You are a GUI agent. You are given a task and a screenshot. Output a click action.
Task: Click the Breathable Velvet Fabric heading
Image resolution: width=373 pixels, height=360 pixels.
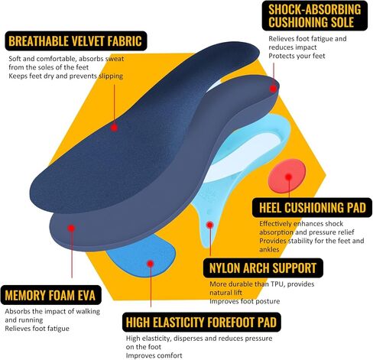pos(76,41)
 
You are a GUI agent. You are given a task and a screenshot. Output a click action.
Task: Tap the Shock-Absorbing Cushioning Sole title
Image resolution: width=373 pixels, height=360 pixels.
pos(315,16)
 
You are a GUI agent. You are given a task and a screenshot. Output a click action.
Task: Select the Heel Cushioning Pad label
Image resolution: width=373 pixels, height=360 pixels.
pos(313,208)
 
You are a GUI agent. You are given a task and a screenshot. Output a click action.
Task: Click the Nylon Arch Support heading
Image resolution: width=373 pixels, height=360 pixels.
pos(263,268)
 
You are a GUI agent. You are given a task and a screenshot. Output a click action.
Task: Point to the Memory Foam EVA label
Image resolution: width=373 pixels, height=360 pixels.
pos(50,295)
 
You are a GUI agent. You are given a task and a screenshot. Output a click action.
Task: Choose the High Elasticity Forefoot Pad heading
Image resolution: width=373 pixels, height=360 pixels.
pos(201,323)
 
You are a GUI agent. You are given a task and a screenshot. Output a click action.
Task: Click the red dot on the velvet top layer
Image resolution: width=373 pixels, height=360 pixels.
pos(114,128)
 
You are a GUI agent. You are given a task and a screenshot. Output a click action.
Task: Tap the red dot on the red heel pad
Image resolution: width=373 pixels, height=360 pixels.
pos(288,177)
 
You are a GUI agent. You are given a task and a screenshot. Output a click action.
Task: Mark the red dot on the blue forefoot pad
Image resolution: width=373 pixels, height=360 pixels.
pos(151,264)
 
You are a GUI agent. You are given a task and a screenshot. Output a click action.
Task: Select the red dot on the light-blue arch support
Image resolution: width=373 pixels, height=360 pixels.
pos(209,225)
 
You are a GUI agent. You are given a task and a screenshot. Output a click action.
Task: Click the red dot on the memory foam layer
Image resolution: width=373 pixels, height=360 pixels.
pos(72,228)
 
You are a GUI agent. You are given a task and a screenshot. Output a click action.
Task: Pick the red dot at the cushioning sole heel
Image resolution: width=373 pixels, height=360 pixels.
pos(273,89)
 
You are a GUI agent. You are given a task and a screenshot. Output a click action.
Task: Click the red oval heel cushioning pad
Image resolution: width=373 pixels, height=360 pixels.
pos(287,176)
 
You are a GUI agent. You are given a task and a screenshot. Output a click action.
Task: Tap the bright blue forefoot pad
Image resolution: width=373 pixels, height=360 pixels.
pos(143,258)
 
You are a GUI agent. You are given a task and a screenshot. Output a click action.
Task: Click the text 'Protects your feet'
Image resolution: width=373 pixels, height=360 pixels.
pos(297,56)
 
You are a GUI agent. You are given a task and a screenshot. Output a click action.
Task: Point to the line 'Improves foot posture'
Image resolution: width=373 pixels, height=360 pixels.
pos(245,301)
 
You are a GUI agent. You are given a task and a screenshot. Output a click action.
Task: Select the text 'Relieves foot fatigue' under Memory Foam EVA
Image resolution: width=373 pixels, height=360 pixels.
pos(37,329)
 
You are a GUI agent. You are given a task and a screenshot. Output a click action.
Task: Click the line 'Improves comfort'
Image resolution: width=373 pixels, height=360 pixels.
pos(154,355)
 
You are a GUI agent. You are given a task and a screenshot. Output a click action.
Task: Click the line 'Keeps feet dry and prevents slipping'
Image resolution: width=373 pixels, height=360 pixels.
pos(66,76)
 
